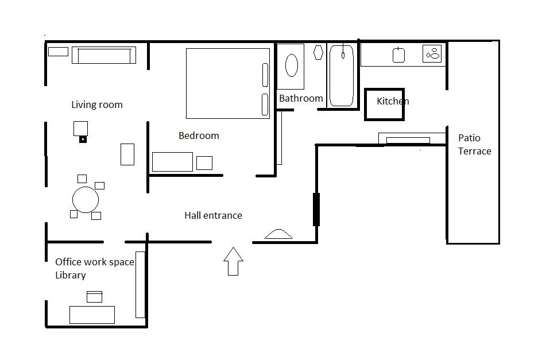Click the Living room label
point(96,104)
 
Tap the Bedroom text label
point(199,136)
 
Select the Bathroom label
point(301,98)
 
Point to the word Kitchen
point(393,101)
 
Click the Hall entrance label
point(213,215)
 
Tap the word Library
point(71,275)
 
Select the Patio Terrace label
point(474,145)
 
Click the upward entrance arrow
point(233,261)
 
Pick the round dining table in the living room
point(86,200)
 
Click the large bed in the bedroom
point(228,83)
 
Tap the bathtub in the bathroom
point(342,75)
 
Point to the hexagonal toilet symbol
point(319,52)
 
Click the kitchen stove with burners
point(432,54)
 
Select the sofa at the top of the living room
point(103,55)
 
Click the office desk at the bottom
point(92,315)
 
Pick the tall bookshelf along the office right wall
point(140,284)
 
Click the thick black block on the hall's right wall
point(316,210)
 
